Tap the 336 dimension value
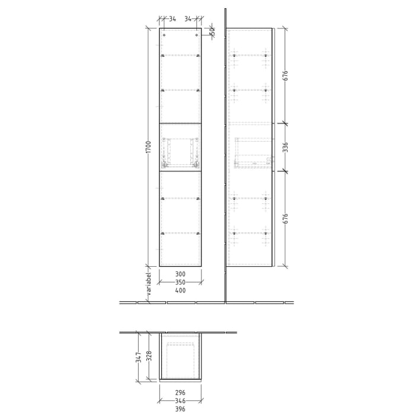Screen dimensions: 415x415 285,147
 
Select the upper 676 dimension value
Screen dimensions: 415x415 285,75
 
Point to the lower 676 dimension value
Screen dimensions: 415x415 285,218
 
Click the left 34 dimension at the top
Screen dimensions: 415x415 172,19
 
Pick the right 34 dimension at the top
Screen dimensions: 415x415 189,19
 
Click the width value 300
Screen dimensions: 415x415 180,274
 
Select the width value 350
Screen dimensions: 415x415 180,282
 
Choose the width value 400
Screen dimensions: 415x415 180,290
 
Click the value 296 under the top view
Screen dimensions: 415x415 180,392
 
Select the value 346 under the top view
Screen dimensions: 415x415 180,400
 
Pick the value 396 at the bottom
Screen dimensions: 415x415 180,408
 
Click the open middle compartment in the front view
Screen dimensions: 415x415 181,147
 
